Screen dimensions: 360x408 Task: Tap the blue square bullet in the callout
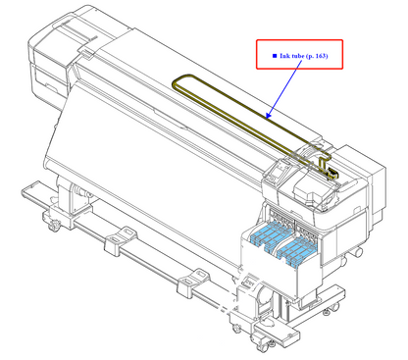point(274,56)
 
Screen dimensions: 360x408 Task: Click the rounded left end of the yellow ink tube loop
point(176,86)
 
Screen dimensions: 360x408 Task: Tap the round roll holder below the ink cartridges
point(257,292)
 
